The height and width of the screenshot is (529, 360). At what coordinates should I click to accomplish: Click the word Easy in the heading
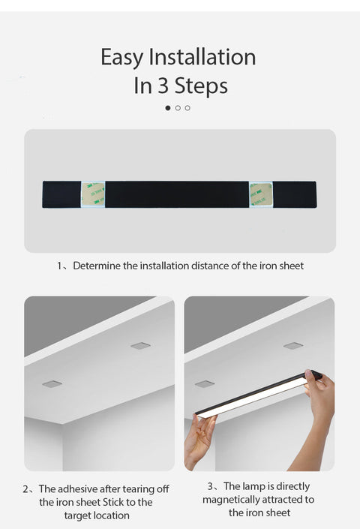pyautogui.click(x=123, y=57)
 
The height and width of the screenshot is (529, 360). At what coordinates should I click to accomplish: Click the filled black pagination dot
pyautogui.click(x=168, y=108)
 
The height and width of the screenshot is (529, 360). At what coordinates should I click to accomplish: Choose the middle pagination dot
pyautogui.click(x=178, y=108)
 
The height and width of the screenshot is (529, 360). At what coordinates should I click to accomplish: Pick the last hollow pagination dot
pyautogui.click(x=187, y=108)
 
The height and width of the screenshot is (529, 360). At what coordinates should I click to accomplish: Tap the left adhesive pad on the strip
pyautogui.click(x=93, y=194)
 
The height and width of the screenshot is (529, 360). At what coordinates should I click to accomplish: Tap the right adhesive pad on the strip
pyautogui.click(x=261, y=194)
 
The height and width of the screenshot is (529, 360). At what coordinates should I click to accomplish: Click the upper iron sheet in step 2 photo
pyautogui.click(x=140, y=346)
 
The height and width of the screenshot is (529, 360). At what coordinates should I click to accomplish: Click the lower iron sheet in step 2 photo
pyautogui.click(x=52, y=383)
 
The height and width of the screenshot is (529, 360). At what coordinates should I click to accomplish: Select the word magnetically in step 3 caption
pyautogui.click(x=238, y=500)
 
